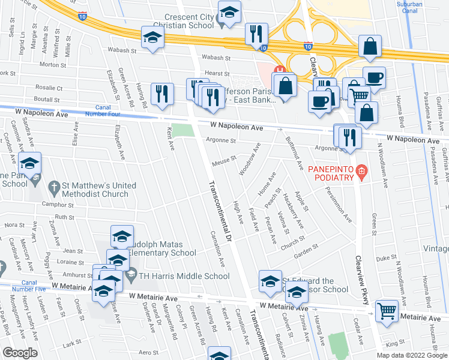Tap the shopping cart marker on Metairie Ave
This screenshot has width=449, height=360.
(387, 311)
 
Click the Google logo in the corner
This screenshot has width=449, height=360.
(20, 353)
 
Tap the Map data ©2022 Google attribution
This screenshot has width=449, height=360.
(412, 355)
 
